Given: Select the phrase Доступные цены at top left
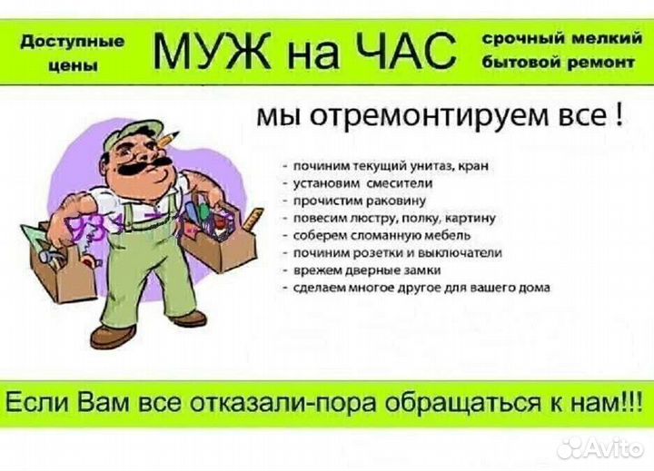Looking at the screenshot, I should click(72, 52).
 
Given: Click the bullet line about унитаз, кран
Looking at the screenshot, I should click(391, 165).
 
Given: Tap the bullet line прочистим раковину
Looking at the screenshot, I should click(359, 201).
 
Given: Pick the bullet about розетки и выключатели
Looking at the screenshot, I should click(395, 253).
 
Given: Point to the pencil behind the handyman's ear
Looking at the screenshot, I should click(164, 137).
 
